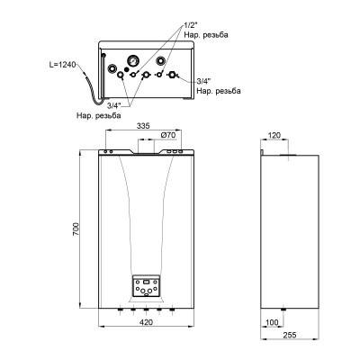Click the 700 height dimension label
coord(76,229)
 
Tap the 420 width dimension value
coord(146,322)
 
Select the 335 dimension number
coord(143,126)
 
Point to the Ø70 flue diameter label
coord(168,135)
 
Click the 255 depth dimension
coord(290,335)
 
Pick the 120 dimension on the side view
coord(274,136)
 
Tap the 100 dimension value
coord(272,322)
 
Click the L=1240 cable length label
coord(63,65)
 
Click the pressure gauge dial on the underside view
coord(131,60)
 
